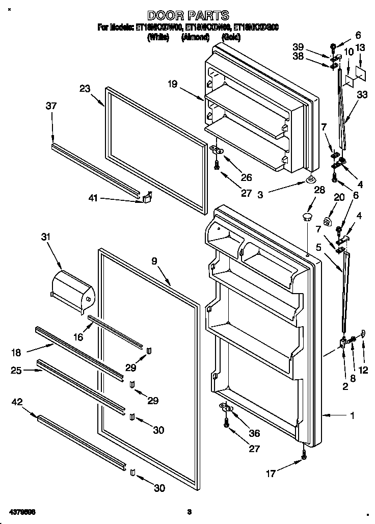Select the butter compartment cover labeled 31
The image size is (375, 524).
point(73,290)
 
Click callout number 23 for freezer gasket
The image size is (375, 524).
point(85,89)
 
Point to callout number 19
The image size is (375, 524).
point(173,84)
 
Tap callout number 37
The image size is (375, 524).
point(51,106)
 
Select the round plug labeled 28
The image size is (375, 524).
point(306,218)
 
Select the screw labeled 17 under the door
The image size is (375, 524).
point(304,454)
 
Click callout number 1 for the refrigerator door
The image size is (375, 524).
point(352,415)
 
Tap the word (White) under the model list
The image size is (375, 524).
point(158,38)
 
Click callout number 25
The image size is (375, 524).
point(17,371)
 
